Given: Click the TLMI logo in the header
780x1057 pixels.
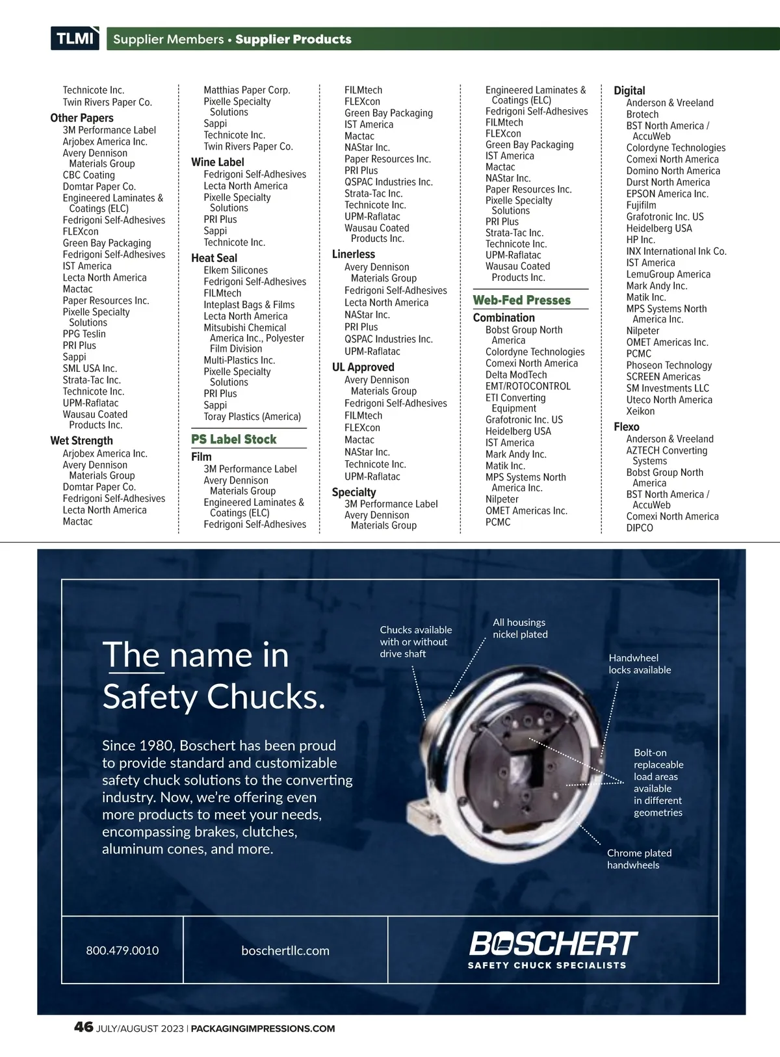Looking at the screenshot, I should click(75, 38).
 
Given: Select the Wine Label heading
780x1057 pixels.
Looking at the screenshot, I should click(217, 162).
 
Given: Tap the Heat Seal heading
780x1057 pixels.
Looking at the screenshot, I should click(214, 258).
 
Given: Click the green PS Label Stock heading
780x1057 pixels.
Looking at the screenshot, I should click(233, 439).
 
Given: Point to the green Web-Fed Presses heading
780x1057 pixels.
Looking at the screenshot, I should click(521, 300).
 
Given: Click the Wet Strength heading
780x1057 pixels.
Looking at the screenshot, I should click(81, 441).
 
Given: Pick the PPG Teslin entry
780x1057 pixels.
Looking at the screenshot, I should click(84, 334).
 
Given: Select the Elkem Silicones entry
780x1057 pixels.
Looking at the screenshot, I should click(235, 270).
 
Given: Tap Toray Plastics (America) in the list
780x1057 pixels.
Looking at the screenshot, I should click(252, 417).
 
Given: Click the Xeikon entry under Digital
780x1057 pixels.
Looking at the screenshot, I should click(640, 411).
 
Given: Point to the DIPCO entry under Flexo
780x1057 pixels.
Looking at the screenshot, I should click(639, 528).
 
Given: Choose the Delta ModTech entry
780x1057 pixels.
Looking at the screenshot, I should click(515, 375).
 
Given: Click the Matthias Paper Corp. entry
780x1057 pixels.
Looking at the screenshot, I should click(246, 90).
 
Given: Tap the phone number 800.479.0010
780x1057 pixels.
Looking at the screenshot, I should click(122, 950).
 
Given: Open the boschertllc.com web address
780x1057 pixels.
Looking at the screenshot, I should click(285, 950).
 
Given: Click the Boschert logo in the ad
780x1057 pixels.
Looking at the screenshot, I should click(552, 949).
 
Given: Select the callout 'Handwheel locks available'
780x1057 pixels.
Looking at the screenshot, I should click(640, 664).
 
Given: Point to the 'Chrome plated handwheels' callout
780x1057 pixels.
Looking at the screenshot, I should click(639, 859).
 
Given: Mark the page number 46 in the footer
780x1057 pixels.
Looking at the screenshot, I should click(83, 1028).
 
